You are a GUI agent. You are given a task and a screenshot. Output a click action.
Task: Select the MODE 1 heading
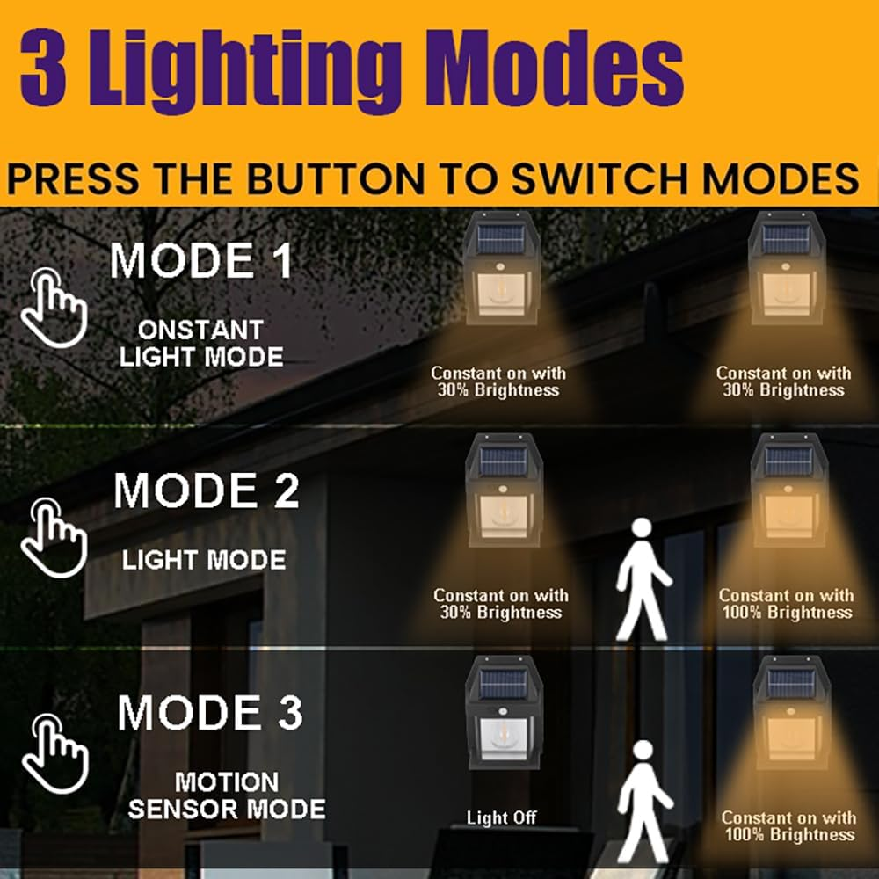pos(201,261)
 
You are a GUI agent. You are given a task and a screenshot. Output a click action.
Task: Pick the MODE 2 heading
pos(207,491)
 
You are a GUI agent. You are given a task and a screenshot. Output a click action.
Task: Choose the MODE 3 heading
pos(210,713)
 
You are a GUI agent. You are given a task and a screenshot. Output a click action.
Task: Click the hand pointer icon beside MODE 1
pos(52,304)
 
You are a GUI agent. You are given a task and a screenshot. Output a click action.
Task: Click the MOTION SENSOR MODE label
pos(227,795)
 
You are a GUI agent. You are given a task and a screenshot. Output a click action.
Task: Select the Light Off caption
pos(501,818)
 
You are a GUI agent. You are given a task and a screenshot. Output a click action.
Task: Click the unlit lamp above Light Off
pos(504,717)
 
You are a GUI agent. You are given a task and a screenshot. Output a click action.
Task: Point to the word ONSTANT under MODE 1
pos(200,331)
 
